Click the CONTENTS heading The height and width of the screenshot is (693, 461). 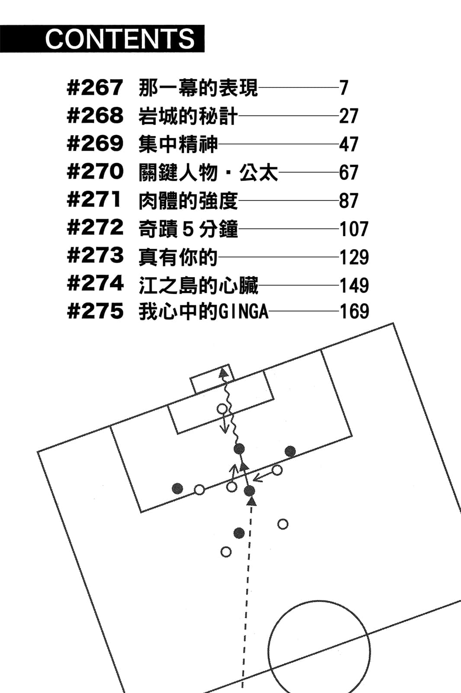click(120, 39)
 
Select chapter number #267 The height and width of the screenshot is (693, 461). click(95, 87)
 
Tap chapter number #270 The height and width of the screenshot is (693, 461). click(95, 172)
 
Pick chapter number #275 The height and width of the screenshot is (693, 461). click(95, 311)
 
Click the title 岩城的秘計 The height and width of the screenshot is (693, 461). click(188, 116)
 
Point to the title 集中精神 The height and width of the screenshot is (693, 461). click(178, 144)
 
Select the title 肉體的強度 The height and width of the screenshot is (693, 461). click(188, 201)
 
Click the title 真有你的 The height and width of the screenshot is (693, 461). click(178, 257)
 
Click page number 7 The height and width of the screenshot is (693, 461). click(344, 88)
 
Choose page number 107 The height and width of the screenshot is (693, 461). click(354, 229)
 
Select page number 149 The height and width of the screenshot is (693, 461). click(354, 285)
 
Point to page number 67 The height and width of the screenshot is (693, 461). click(349, 172)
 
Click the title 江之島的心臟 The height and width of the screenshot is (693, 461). click(198, 285)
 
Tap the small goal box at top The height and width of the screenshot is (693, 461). click(212, 379)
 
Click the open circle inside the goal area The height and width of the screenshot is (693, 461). click(222, 408)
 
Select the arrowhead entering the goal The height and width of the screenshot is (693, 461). click(224, 373)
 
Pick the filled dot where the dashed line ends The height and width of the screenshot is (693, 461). click(250, 491)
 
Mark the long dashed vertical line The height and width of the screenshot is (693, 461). click(246, 598)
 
